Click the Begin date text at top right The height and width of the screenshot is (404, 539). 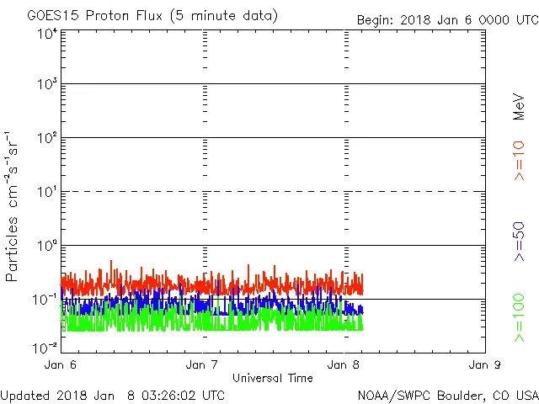click(447, 19)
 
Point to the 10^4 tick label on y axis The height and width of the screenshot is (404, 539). click(45, 34)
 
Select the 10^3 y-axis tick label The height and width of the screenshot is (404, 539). click(45, 84)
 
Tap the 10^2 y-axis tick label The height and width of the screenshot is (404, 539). click(45, 137)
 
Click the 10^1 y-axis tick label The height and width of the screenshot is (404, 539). click(45, 191)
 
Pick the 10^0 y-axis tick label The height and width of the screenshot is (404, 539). click(45, 245)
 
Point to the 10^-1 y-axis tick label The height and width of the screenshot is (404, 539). click(45, 299)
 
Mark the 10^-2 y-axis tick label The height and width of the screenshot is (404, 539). click(45, 348)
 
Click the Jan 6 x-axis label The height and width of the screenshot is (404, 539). click(60, 365)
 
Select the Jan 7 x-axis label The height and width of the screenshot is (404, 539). click(202, 365)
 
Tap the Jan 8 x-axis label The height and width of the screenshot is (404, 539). click(344, 365)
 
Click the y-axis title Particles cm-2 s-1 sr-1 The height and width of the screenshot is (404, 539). click(13, 206)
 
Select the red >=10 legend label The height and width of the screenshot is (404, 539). click(519, 161)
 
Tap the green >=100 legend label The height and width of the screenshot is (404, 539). click(519, 318)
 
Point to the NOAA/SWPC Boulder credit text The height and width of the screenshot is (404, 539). click(447, 394)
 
